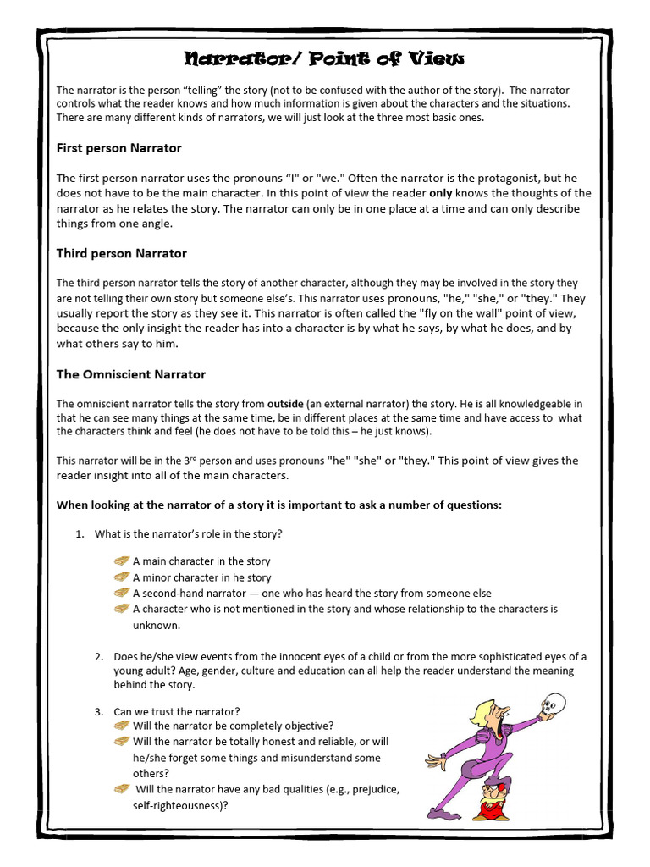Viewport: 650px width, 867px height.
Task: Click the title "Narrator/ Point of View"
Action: point(325,58)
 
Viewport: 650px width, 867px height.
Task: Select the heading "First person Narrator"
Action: point(118,148)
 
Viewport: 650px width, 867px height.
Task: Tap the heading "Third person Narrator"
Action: point(121,253)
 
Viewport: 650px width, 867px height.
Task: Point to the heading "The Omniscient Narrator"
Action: point(130,374)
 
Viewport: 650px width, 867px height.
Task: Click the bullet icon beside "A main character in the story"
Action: point(121,561)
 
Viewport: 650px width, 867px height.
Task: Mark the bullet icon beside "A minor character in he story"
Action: point(121,577)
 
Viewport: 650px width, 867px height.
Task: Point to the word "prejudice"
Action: point(368,790)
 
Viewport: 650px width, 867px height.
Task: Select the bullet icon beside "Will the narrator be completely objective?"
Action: point(121,726)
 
